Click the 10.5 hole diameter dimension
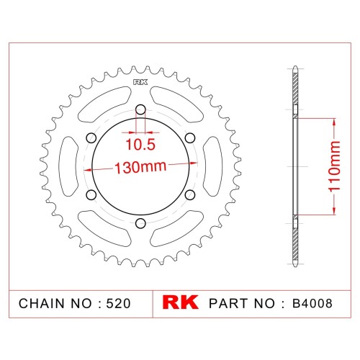(140, 145)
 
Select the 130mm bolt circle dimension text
(140, 167)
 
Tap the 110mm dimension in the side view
(334, 166)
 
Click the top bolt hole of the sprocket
(140, 110)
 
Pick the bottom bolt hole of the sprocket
(140, 223)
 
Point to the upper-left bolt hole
(91, 138)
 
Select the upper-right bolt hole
(190, 138)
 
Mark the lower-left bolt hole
(91, 195)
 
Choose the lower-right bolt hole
(190, 195)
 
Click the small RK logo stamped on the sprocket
(140, 82)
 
